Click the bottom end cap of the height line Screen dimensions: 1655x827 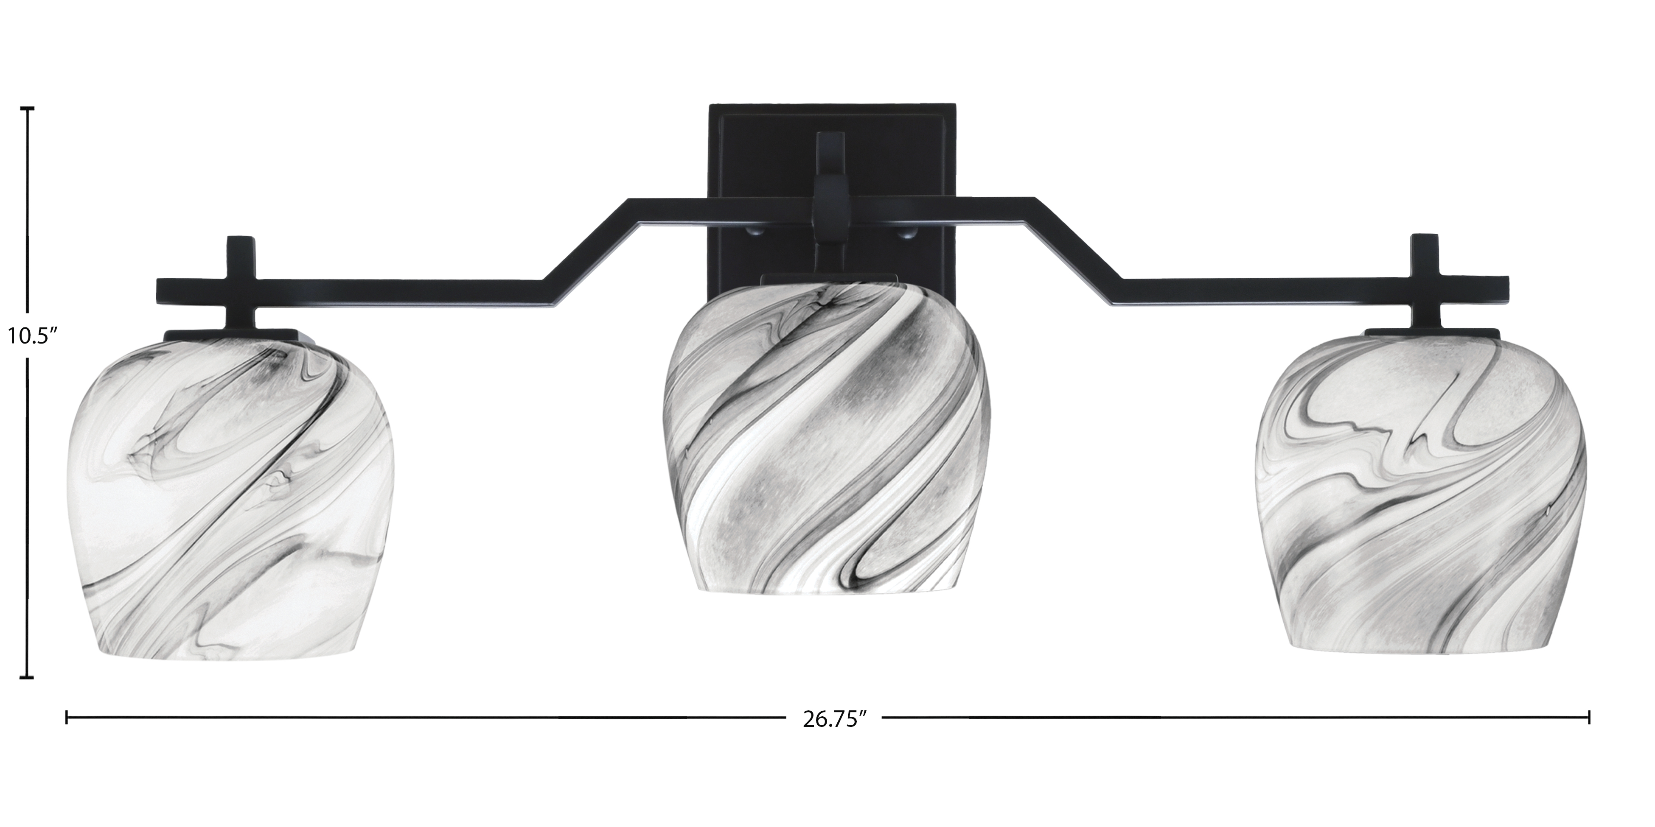27,677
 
